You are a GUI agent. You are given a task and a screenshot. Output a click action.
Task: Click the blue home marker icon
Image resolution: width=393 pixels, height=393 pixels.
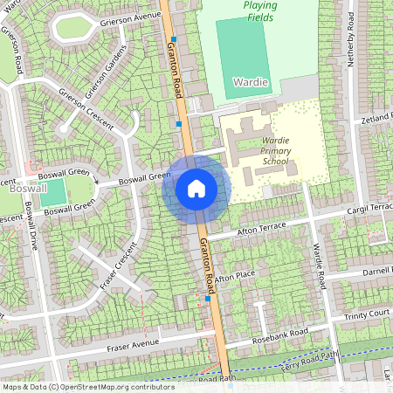(196, 188)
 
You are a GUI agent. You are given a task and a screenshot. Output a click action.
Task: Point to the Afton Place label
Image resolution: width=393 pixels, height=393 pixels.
(235, 276)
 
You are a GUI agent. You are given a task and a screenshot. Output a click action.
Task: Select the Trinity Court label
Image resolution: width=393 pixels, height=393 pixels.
(366, 314)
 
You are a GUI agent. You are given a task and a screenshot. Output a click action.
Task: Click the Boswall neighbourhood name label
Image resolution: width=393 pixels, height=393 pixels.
(18, 188)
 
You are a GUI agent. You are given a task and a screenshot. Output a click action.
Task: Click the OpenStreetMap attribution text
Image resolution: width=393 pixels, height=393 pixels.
(87, 386)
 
